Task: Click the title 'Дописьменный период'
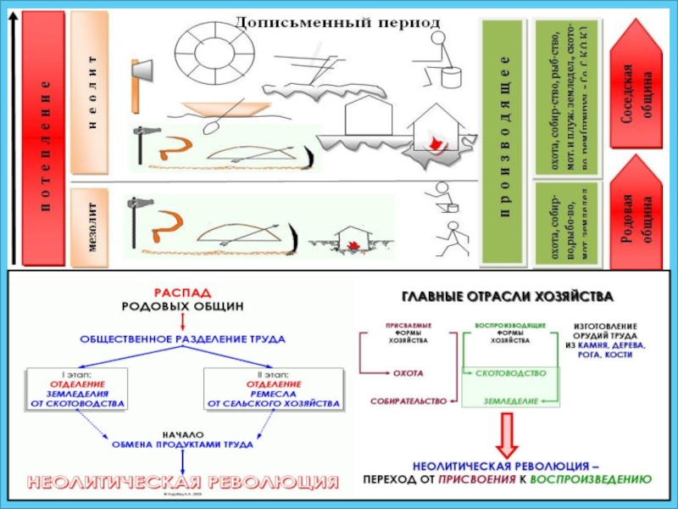(336, 20)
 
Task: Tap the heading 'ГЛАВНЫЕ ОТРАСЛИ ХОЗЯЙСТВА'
(507, 296)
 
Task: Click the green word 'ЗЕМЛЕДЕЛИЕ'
(511, 400)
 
